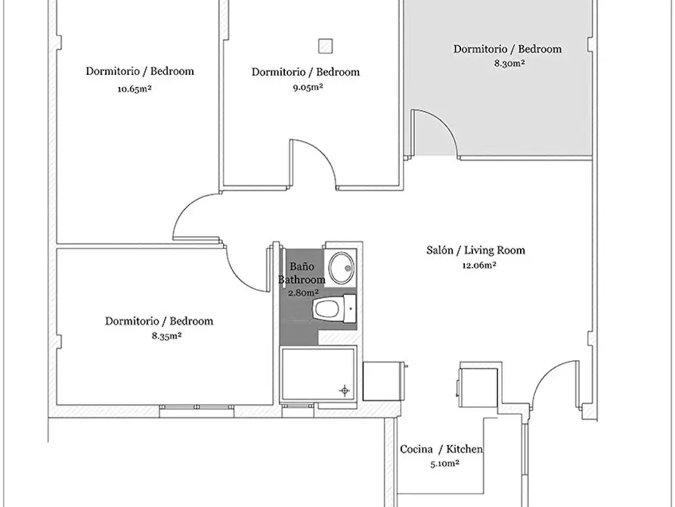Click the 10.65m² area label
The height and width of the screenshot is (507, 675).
click(x=135, y=89)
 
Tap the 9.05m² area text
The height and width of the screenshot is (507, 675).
click(x=308, y=87)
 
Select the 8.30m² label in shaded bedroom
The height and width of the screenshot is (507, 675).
click(x=509, y=64)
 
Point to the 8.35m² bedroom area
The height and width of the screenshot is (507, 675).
click(x=166, y=336)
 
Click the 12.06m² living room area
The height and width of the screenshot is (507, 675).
click(x=479, y=265)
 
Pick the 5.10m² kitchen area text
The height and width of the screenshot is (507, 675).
click(x=444, y=464)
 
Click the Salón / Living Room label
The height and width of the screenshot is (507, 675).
click(x=475, y=250)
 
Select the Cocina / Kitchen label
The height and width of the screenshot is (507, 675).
click(x=441, y=449)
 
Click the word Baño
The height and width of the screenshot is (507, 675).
click(x=302, y=266)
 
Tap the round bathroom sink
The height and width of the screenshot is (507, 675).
click(x=342, y=268)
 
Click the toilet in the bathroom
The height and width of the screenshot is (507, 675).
click(x=335, y=309)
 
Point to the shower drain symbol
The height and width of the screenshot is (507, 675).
click(x=345, y=390)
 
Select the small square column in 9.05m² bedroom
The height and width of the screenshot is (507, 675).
click(x=326, y=45)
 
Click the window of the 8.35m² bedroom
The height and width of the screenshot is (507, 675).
click(x=197, y=407)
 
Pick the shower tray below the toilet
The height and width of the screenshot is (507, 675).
click(x=318, y=374)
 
